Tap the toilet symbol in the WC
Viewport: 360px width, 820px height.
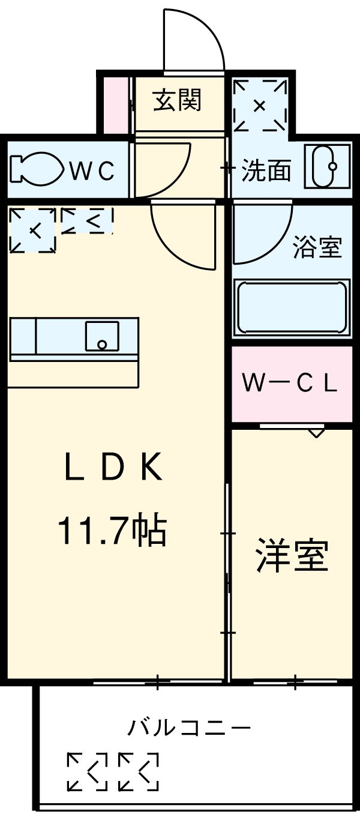pyautogui.click(x=36, y=170)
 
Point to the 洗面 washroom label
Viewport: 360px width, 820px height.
pyautogui.click(x=266, y=172)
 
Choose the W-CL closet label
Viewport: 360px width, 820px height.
pyautogui.click(x=290, y=383)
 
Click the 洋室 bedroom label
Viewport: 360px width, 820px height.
pyautogui.click(x=292, y=556)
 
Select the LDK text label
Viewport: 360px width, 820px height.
pyautogui.click(x=113, y=468)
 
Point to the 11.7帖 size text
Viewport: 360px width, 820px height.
pyautogui.click(x=112, y=531)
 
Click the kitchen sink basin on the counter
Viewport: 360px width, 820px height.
pyautogui.click(x=101, y=336)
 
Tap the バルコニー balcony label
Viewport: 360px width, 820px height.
pyautogui.click(x=188, y=729)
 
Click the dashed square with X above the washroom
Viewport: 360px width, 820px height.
pyautogui.click(x=260, y=106)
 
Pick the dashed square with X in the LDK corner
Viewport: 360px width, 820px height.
pyautogui.click(x=33, y=229)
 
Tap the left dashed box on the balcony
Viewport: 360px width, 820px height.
pyautogui.click(x=87, y=771)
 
